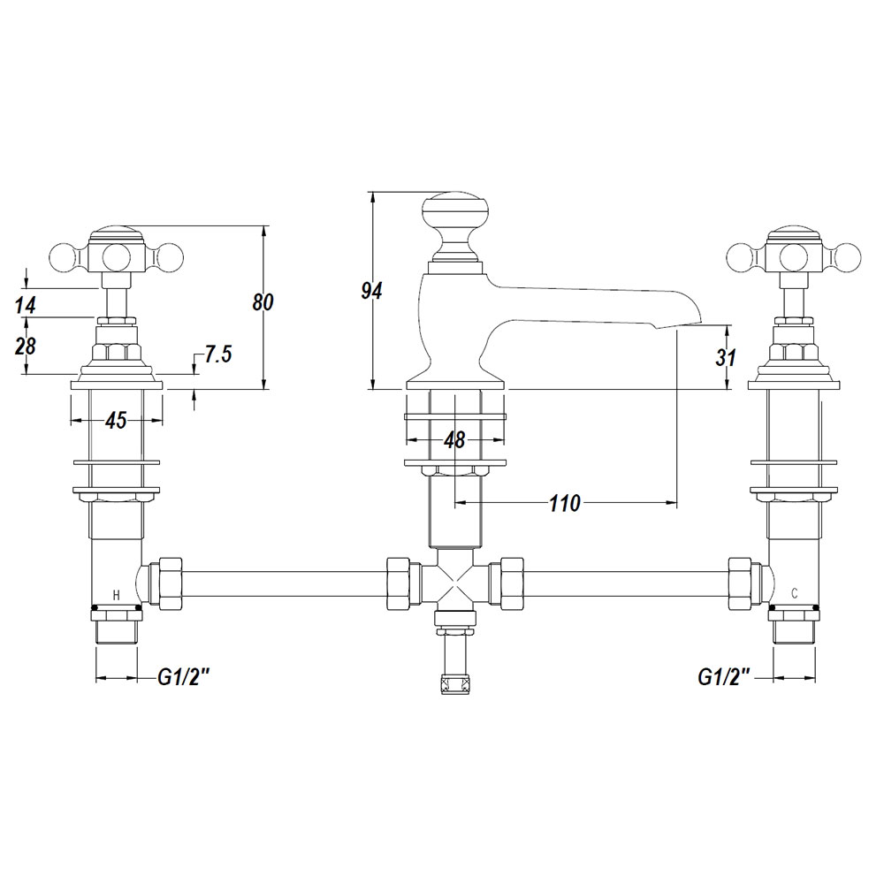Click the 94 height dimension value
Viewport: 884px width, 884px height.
coord(372,291)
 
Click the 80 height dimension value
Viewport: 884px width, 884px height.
coord(263,302)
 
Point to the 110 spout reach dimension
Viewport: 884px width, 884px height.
coord(565,503)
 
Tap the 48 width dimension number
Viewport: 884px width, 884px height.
coord(454,439)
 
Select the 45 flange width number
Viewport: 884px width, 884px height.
coord(116,421)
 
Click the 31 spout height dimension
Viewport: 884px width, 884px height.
coord(726,357)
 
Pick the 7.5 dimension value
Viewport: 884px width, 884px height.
coord(217,354)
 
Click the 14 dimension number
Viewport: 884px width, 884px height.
coord(26,305)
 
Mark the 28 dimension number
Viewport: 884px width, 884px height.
coord(26,346)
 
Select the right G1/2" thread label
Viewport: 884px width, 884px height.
coord(725,676)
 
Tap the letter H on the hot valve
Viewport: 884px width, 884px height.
coord(117,595)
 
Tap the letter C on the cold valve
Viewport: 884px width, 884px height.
coord(795,593)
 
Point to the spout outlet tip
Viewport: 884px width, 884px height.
coord(699,323)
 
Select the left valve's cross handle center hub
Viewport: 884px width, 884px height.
coord(117,257)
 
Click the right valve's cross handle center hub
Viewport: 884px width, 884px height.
coord(794,257)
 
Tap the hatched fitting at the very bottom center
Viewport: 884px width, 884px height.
coord(455,684)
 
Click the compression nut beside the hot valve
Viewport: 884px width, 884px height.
coord(171,583)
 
